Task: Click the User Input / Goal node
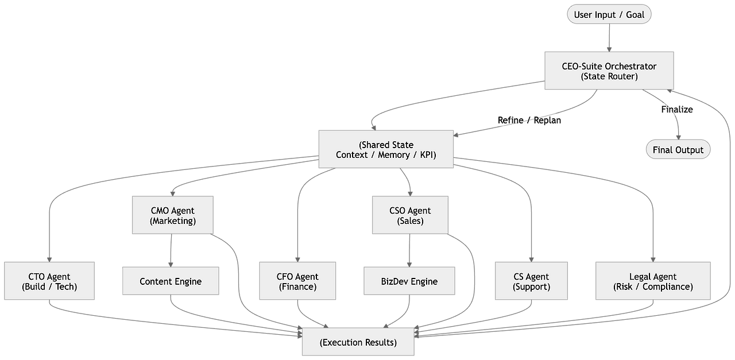coord(609,14)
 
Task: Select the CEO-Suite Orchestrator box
coord(609,71)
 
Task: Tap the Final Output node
coord(678,150)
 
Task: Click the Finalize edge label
coord(677,109)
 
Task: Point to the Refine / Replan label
coord(529,121)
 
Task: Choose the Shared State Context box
coord(386,150)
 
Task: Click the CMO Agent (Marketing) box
coord(172,215)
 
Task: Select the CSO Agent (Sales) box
coord(409,215)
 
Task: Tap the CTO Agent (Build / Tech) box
coord(49,281)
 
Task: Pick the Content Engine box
coord(171,281)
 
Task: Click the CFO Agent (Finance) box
coord(297,281)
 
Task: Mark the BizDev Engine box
coord(409,281)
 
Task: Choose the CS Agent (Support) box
coord(531,281)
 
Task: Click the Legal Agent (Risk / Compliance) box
coord(653,281)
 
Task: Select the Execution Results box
coord(358,342)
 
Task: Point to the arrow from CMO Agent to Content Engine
coord(171,250)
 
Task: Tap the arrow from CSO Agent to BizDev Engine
coord(409,250)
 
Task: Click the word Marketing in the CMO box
coord(173,221)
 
